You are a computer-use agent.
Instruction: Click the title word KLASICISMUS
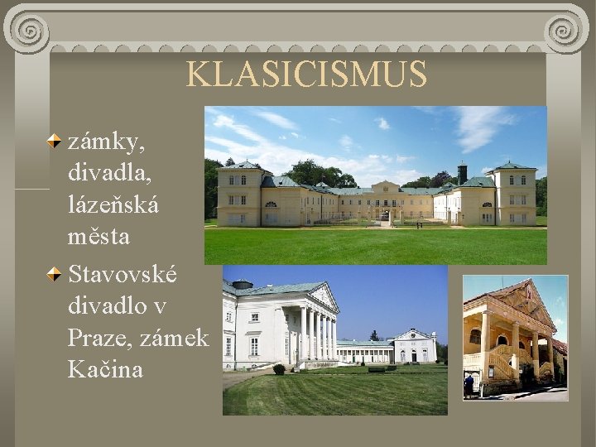click(306, 74)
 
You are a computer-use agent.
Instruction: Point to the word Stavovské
click(122, 274)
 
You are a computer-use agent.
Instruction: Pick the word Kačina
click(105, 369)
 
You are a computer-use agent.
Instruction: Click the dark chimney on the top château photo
click(462, 173)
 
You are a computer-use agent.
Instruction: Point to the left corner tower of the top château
click(239, 194)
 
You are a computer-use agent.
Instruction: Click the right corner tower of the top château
click(514, 194)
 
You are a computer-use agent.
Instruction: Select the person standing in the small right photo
click(469, 385)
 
